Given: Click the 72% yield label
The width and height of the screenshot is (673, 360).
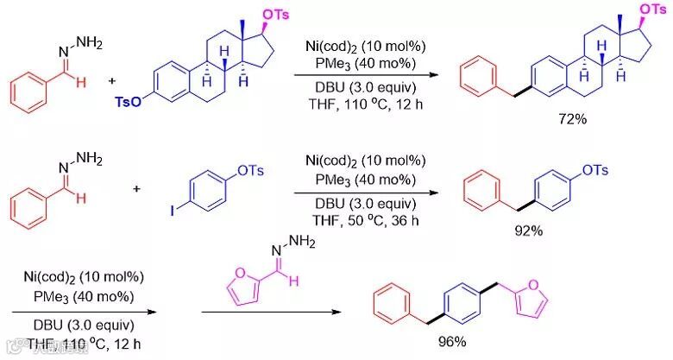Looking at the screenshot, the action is [x=571, y=118].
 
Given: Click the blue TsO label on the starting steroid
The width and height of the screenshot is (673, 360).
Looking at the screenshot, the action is [x=127, y=102].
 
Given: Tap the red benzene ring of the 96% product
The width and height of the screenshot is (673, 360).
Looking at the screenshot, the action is [x=393, y=303].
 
